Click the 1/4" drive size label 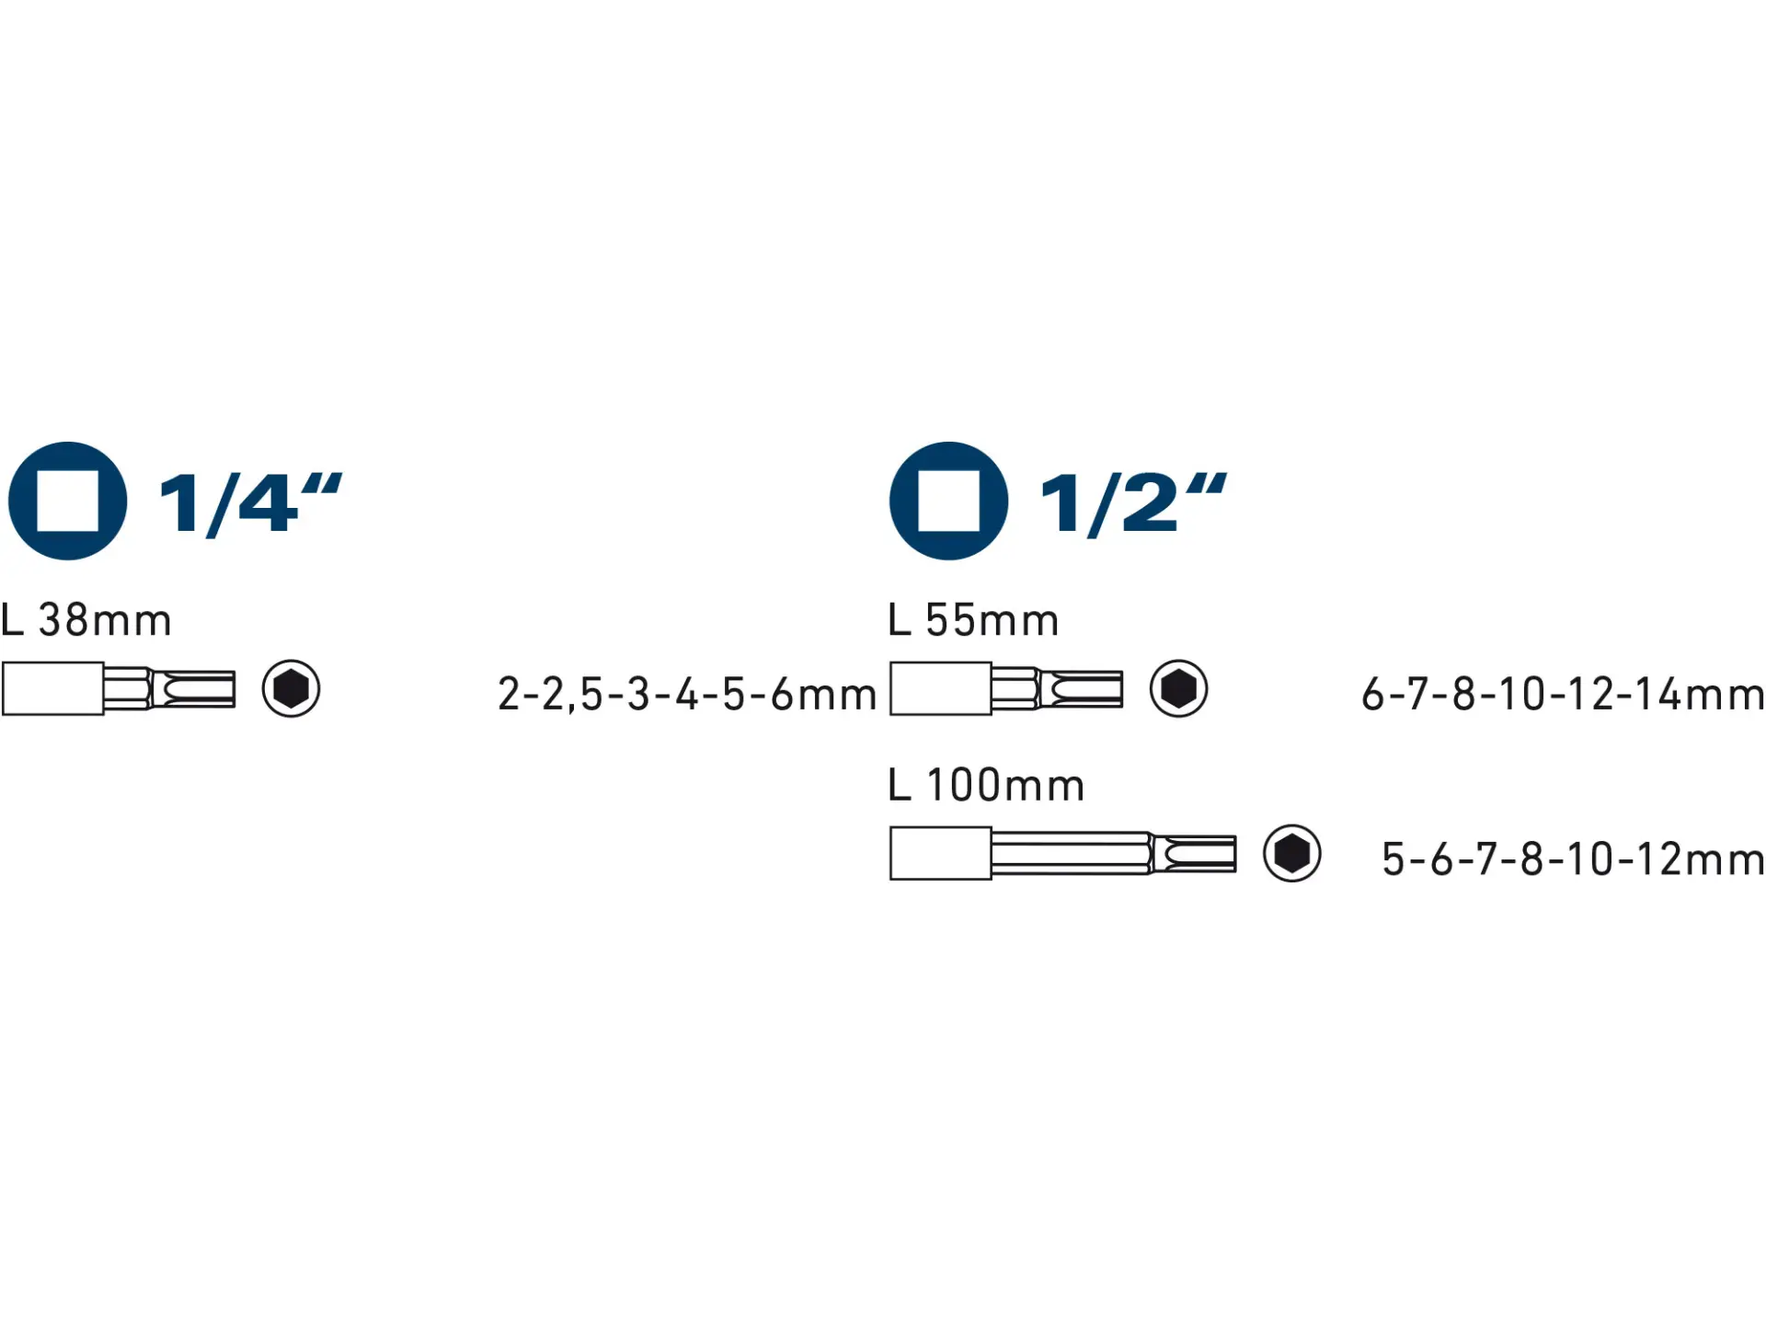pos(250,503)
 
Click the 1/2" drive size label pos(1133,503)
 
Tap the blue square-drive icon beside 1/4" pos(67,501)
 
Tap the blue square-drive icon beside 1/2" pos(949,501)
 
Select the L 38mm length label pos(86,620)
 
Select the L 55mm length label pos(973,620)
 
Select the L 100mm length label pos(986,785)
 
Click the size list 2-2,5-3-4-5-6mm pos(687,695)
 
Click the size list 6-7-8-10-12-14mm pos(1563,694)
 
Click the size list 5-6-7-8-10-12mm pos(1573,858)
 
